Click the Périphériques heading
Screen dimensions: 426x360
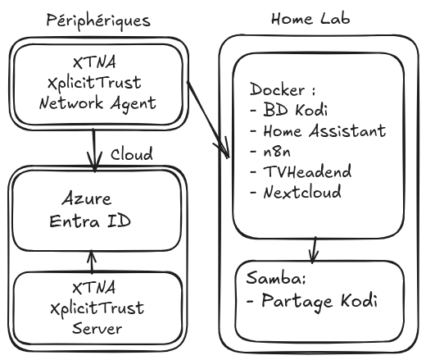pyautogui.click(x=98, y=21)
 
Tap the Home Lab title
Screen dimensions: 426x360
pyautogui.click(x=310, y=19)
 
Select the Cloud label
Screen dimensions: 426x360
pyautogui.click(x=132, y=154)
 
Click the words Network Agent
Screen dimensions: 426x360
pyautogui.click(x=97, y=104)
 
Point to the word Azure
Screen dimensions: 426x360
pyautogui.click(x=87, y=198)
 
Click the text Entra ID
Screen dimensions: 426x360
pyautogui.click(x=90, y=221)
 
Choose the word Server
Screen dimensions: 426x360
pyautogui.click(x=97, y=328)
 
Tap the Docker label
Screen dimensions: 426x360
pyautogui.click(x=283, y=89)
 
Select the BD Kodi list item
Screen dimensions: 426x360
pyautogui.click(x=289, y=110)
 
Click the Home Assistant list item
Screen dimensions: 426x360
pyautogui.click(x=318, y=130)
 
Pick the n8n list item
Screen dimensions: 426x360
pyautogui.click(x=270, y=151)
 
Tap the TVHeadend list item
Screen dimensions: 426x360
pyautogui.click(x=301, y=171)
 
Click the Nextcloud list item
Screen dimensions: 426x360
pyautogui.click(x=296, y=192)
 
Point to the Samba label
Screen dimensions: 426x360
pyautogui.click(x=276, y=278)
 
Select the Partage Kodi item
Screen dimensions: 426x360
pyautogui.click(x=312, y=302)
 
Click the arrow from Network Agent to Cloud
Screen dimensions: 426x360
pyautogui.click(x=94, y=150)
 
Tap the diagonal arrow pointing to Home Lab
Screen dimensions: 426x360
pyautogui.click(x=208, y=120)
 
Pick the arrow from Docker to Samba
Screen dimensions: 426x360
pyautogui.click(x=314, y=250)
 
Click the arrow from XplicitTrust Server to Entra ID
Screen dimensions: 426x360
pyautogui.click(x=92, y=262)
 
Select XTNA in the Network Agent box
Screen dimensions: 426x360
pyautogui.click(x=94, y=62)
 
